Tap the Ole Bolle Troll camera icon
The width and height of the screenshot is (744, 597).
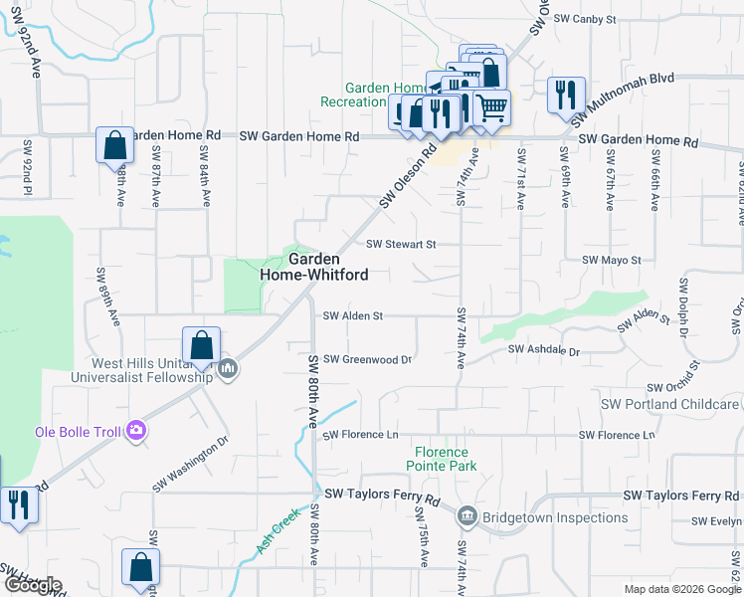[136, 431]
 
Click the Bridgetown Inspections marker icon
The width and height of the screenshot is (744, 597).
[467, 517]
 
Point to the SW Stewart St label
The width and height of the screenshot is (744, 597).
[401, 244]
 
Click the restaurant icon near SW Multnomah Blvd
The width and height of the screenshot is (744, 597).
[566, 96]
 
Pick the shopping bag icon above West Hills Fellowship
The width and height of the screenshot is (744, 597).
[201, 345]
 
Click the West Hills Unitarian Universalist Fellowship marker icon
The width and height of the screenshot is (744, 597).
[229, 369]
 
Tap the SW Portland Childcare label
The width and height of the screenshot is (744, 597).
[670, 404]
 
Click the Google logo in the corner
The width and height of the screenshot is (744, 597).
[32, 585]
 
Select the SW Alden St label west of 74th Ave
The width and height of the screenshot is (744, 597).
[353, 316]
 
